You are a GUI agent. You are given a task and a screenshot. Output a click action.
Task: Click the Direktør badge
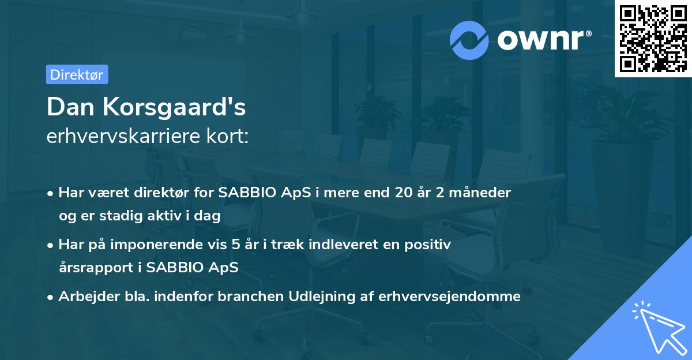[x=77, y=74]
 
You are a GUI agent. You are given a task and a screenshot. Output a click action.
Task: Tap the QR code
[x=653, y=39]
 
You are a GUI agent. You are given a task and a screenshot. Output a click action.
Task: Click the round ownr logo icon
[x=469, y=40]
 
